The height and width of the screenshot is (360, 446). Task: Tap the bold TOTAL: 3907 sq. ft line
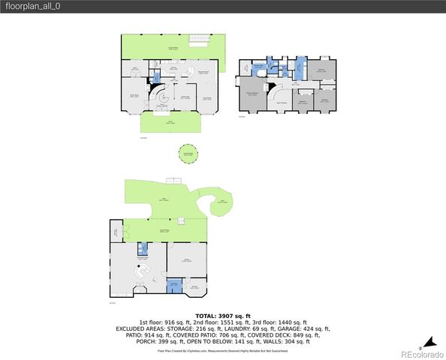223,315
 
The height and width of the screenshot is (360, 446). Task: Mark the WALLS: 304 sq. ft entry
288,340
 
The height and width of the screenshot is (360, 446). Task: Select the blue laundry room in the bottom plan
174,285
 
